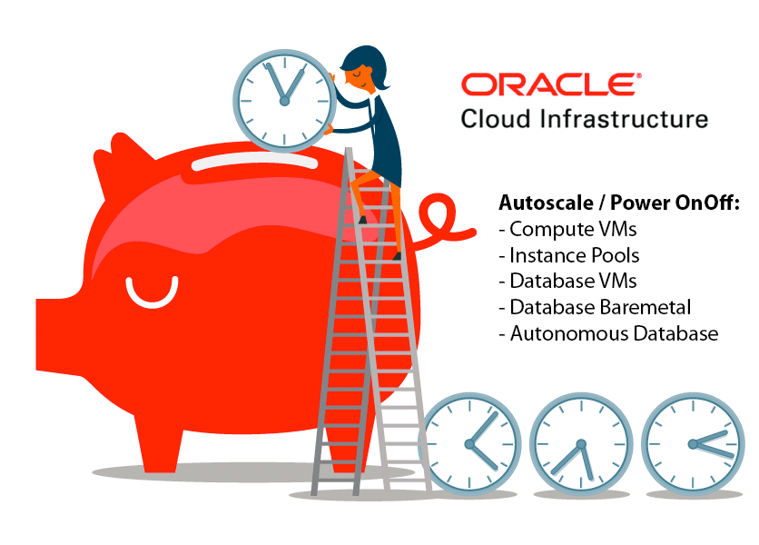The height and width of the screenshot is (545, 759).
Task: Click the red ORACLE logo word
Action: coord(550,84)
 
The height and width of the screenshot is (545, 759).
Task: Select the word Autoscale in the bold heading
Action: coord(546,203)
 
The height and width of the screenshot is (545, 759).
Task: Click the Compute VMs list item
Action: coord(567,229)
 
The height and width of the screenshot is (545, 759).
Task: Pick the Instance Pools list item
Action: coord(569,255)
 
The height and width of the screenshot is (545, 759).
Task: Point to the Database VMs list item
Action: coord(567,281)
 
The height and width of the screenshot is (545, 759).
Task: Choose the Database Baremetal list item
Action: coord(595,307)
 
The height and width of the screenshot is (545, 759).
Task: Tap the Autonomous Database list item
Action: coord(608,333)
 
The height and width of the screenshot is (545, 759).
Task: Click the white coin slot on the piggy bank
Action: coord(254,163)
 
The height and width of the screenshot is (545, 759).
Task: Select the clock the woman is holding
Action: coord(285,101)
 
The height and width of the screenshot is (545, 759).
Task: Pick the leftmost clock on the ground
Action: coord(469,444)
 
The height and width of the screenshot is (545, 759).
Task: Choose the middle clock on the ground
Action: coord(581,444)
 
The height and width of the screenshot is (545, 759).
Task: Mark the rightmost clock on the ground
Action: coord(693,444)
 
